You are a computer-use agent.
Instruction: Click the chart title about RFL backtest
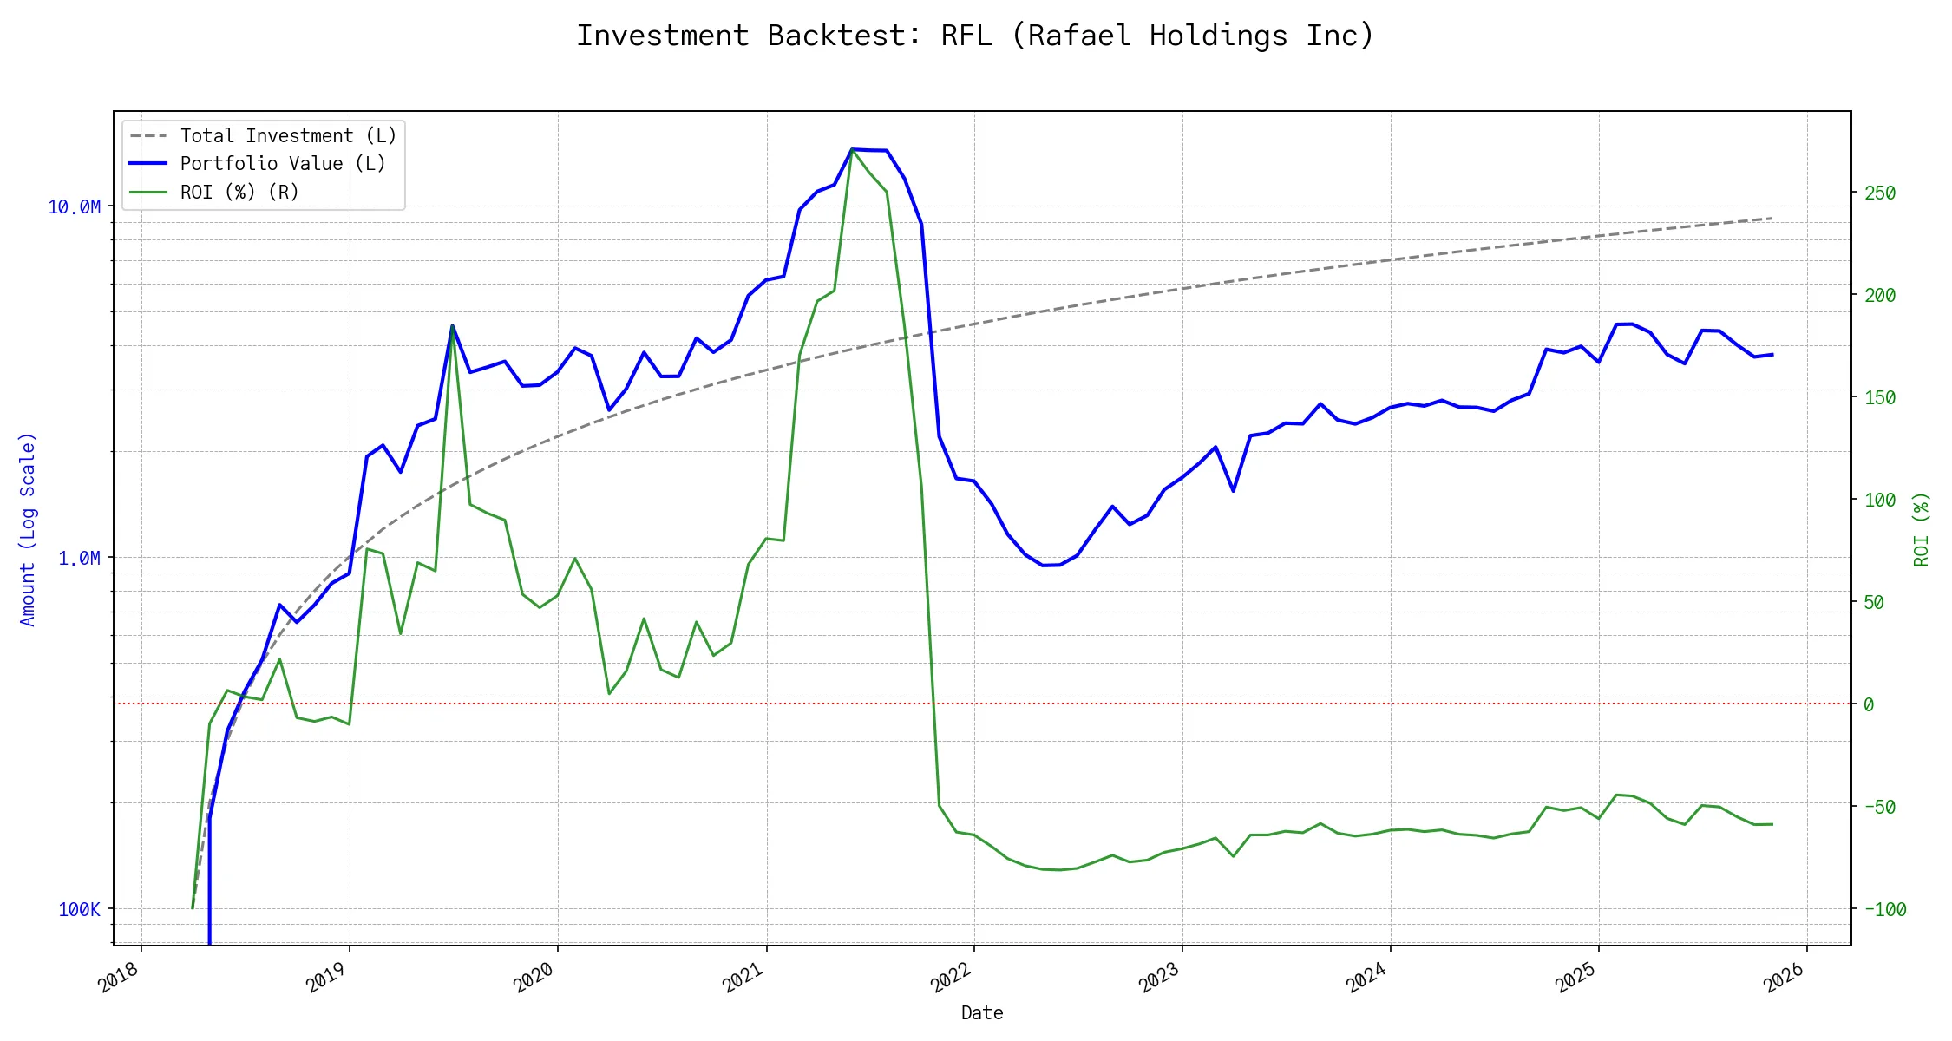tap(975, 36)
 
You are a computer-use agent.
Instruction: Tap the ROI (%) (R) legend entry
tap(239, 193)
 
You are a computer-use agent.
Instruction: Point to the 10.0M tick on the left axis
tap(75, 207)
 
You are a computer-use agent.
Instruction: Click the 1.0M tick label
tap(79, 559)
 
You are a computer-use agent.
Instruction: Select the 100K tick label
tap(79, 910)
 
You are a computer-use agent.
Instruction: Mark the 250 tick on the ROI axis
tap(1880, 193)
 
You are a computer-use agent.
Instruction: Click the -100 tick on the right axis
tap(1884, 910)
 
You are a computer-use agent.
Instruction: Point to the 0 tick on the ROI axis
tap(1869, 705)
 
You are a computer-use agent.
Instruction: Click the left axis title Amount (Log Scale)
tap(28, 529)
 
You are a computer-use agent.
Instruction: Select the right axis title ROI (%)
tap(1921, 529)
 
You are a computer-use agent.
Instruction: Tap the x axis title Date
tap(982, 1013)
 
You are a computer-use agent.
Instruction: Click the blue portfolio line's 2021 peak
tap(853, 149)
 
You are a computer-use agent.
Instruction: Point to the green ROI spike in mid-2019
tap(452, 328)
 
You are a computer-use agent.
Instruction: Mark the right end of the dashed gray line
tap(1772, 219)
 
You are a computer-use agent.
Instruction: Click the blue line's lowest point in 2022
tap(1043, 566)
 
